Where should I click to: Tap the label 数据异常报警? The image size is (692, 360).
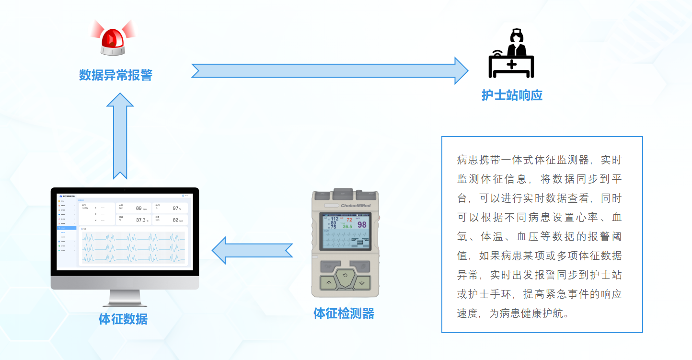coord(115,75)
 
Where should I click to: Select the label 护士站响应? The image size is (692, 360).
coord(512,95)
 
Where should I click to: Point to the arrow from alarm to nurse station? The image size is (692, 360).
coord(330,70)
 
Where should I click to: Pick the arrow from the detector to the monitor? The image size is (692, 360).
coord(252,250)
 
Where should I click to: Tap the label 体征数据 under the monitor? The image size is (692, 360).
coord(123,319)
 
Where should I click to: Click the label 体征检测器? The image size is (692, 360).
coord(344,314)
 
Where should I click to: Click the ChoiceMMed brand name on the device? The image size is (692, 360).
coord(356,206)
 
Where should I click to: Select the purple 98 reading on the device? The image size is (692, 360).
coord(362,224)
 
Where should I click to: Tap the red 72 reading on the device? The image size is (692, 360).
coord(349,220)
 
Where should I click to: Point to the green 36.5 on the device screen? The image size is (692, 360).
coord(347,226)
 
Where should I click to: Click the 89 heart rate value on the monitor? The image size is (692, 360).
coord(138,208)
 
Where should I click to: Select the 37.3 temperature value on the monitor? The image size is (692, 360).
coord(140,220)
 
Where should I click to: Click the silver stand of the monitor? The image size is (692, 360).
coord(125,298)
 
